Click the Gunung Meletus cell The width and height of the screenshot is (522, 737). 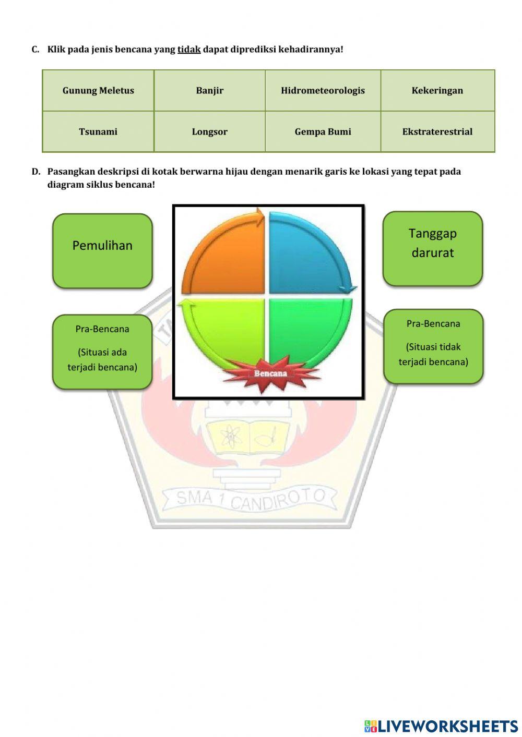pyautogui.click(x=98, y=90)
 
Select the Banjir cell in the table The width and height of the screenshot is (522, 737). pyautogui.click(x=209, y=90)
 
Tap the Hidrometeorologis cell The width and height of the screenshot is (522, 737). pyautogui.click(x=323, y=90)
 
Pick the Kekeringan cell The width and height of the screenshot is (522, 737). pyautogui.click(x=437, y=90)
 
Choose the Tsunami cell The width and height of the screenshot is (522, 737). pyautogui.click(x=98, y=131)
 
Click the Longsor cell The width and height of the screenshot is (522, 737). pyautogui.click(x=209, y=131)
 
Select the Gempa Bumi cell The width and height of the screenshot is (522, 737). pyautogui.click(x=323, y=131)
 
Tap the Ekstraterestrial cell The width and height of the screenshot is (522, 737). pyautogui.click(x=437, y=131)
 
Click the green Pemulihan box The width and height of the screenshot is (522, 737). pyautogui.click(x=102, y=251)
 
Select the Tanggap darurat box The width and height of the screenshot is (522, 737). pyautogui.click(x=433, y=249)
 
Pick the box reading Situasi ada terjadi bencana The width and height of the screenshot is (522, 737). pyautogui.click(x=102, y=352)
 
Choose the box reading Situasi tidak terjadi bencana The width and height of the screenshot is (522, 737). pyautogui.click(x=433, y=346)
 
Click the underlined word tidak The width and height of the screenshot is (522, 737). pyautogui.click(x=189, y=50)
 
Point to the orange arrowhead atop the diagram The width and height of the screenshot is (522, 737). pyautogui.click(x=260, y=217)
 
